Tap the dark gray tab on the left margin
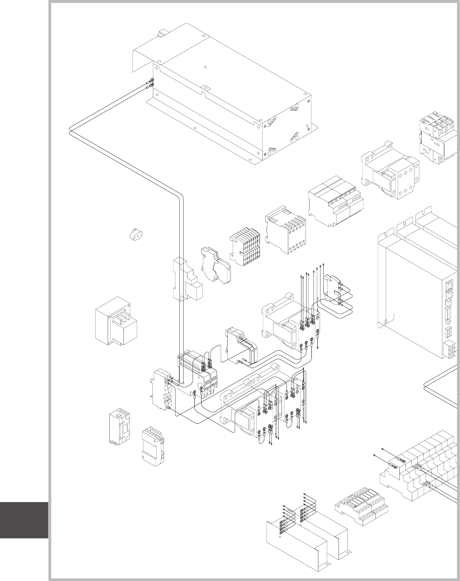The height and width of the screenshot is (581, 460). [24, 520]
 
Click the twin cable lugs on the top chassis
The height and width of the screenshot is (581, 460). [150, 82]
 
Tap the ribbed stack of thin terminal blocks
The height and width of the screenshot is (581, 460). [245, 248]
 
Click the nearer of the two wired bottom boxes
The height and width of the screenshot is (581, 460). [295, 542]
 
